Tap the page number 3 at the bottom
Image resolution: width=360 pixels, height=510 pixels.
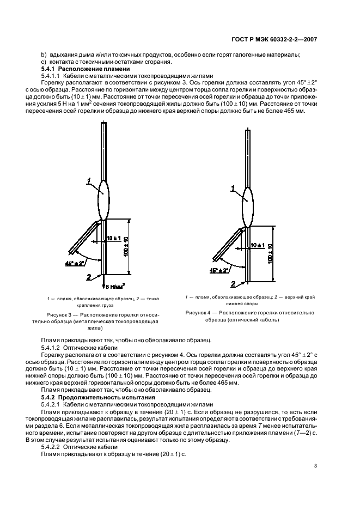click(316, 466)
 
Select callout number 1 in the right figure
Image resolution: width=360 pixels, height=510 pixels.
click(233, 188)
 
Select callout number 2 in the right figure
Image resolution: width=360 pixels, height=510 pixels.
click(233, 284)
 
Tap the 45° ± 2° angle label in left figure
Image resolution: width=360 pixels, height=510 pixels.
click(74, 263)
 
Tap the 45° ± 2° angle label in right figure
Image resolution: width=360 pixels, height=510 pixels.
click(219, 270)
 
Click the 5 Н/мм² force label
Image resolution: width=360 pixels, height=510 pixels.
click(115, 286)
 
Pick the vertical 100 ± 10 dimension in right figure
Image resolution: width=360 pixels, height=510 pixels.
click(270, 254)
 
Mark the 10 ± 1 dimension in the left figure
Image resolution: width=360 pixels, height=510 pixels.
click(114, 238)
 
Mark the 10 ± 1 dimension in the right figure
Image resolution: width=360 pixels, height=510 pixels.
click(257, 246)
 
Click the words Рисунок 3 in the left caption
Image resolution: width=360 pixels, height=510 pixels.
click(59, 315)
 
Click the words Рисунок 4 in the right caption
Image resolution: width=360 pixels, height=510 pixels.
click(200, 313)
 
